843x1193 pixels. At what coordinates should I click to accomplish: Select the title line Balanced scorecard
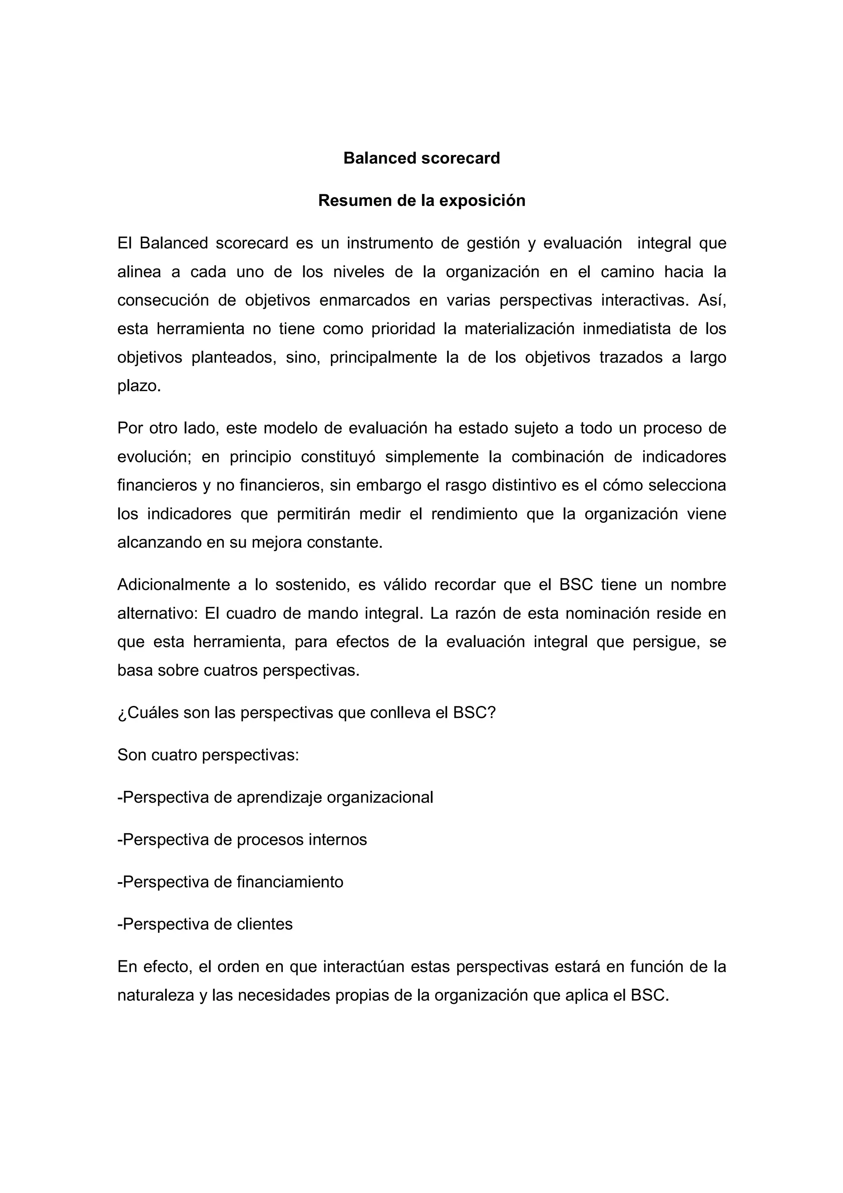[421, 158]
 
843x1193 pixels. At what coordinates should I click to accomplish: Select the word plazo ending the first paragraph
[138, 386]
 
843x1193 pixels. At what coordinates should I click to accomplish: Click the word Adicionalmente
[173, 585]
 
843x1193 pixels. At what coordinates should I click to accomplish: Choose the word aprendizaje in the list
[279, 797]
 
